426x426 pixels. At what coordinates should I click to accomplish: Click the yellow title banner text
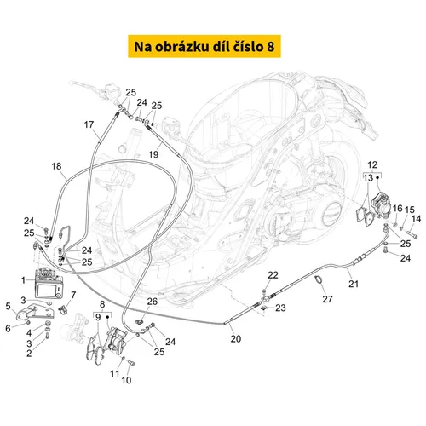pyautogui.click(x=204, y=47)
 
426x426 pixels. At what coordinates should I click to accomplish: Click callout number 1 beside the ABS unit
pyautogui.click(x=23, y=280)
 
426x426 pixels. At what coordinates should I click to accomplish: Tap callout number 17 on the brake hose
pyautogui.click(x=89, y=124)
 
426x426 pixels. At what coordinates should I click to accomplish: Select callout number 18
pyautogui.click(x=56, y=166)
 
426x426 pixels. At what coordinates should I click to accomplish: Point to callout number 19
pyautogui.click(x=153, y=154)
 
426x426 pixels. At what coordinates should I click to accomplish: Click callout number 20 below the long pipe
pyautogui.click(x=236, y=338)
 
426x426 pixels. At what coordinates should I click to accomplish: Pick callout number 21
pyautogui.click(x=354, y=284)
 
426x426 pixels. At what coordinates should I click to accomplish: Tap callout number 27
pyautogui.click(x=327, y=299)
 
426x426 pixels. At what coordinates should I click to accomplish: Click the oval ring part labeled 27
pyautogui.click(x=319, y=279)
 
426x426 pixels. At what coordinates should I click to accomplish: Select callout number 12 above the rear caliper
pyautogui.click(x=372, y=164)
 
